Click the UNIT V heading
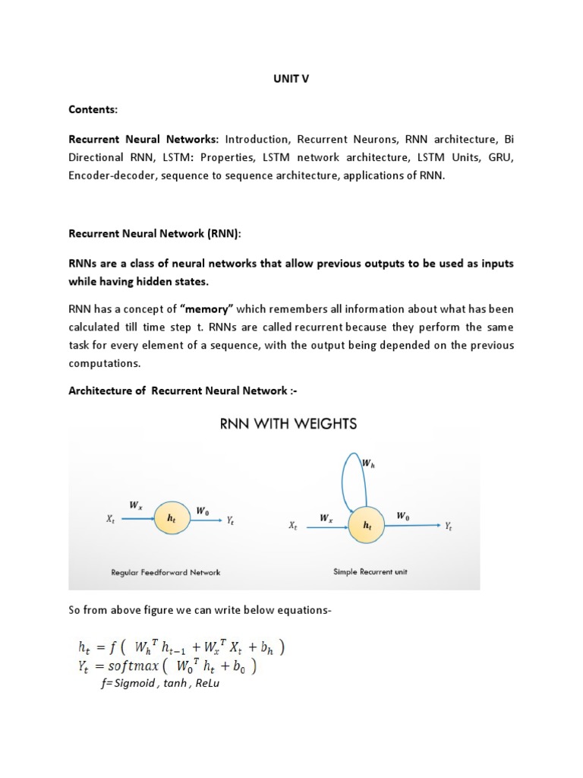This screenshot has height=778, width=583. click(291, 78)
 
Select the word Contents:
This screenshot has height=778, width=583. click(93, 109)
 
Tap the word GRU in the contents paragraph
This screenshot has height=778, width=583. click(501, 158)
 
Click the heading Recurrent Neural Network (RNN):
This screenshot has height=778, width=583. click(155, 234)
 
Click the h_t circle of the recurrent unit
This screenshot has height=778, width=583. click(368, 524)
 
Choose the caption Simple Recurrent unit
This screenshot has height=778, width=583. click(370, 572)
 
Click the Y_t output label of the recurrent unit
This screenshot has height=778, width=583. click(449, 525)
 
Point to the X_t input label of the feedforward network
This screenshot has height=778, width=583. click(111, 519)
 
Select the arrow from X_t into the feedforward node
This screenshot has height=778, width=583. click(135, 519)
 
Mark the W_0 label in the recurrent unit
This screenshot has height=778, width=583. click(403, 516)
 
